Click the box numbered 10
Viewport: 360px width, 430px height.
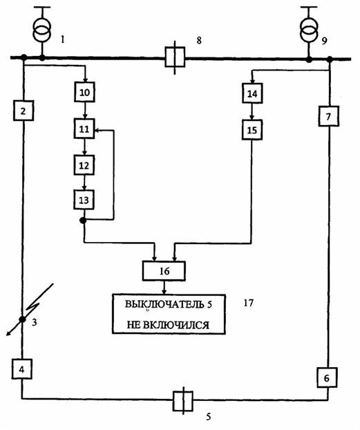click(84, 92)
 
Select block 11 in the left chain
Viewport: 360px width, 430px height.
click(84, 129)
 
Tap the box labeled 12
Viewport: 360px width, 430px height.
click(84, 165)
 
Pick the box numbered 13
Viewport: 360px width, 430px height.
click(84, 200)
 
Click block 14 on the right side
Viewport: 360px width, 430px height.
click(252, 93)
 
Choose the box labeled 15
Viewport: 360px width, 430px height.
click(252, 130)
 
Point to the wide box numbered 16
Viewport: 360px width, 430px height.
click(164, 271)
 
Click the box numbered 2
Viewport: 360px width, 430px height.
click(23, 111)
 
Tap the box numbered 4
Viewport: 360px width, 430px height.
click(22, 369)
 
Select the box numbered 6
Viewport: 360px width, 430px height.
click(327, 377)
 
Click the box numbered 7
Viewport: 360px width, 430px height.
click(329, 116)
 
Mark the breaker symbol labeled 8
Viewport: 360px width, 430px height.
click(175, 57)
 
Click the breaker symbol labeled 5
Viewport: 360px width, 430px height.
click(183, 401)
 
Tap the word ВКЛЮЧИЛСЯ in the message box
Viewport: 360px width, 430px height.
click(176, 325)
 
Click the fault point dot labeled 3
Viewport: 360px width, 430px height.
click(22, 319)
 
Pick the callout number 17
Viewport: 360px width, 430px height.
click(249, 303)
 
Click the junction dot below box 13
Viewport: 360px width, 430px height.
click(83, 220)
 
